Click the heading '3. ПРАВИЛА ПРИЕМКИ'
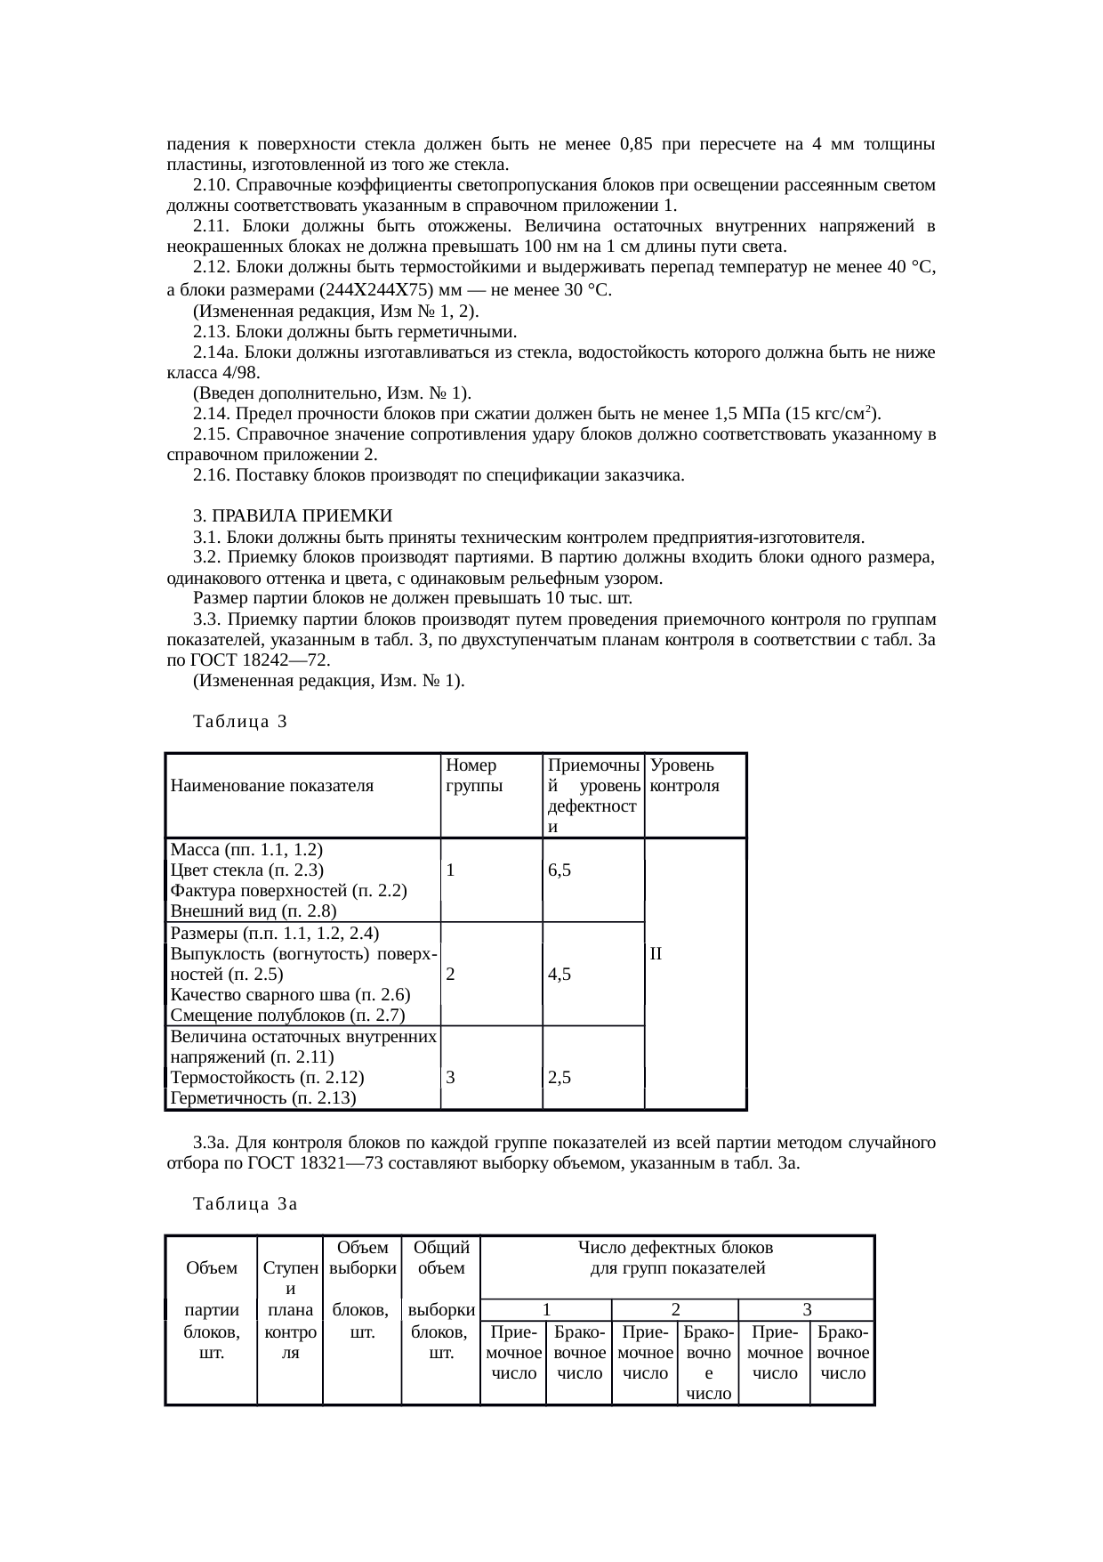(293, 517)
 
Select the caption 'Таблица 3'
(240, 722)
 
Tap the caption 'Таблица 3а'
(245, 1204)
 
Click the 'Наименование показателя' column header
(272, 786)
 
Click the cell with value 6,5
(560, 870)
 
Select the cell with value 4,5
(560, 974)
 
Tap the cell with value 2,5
(560, 1078)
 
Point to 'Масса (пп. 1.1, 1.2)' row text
(246, 849)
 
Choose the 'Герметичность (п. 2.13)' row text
(263, 1098)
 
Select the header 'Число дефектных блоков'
(676, 1249)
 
